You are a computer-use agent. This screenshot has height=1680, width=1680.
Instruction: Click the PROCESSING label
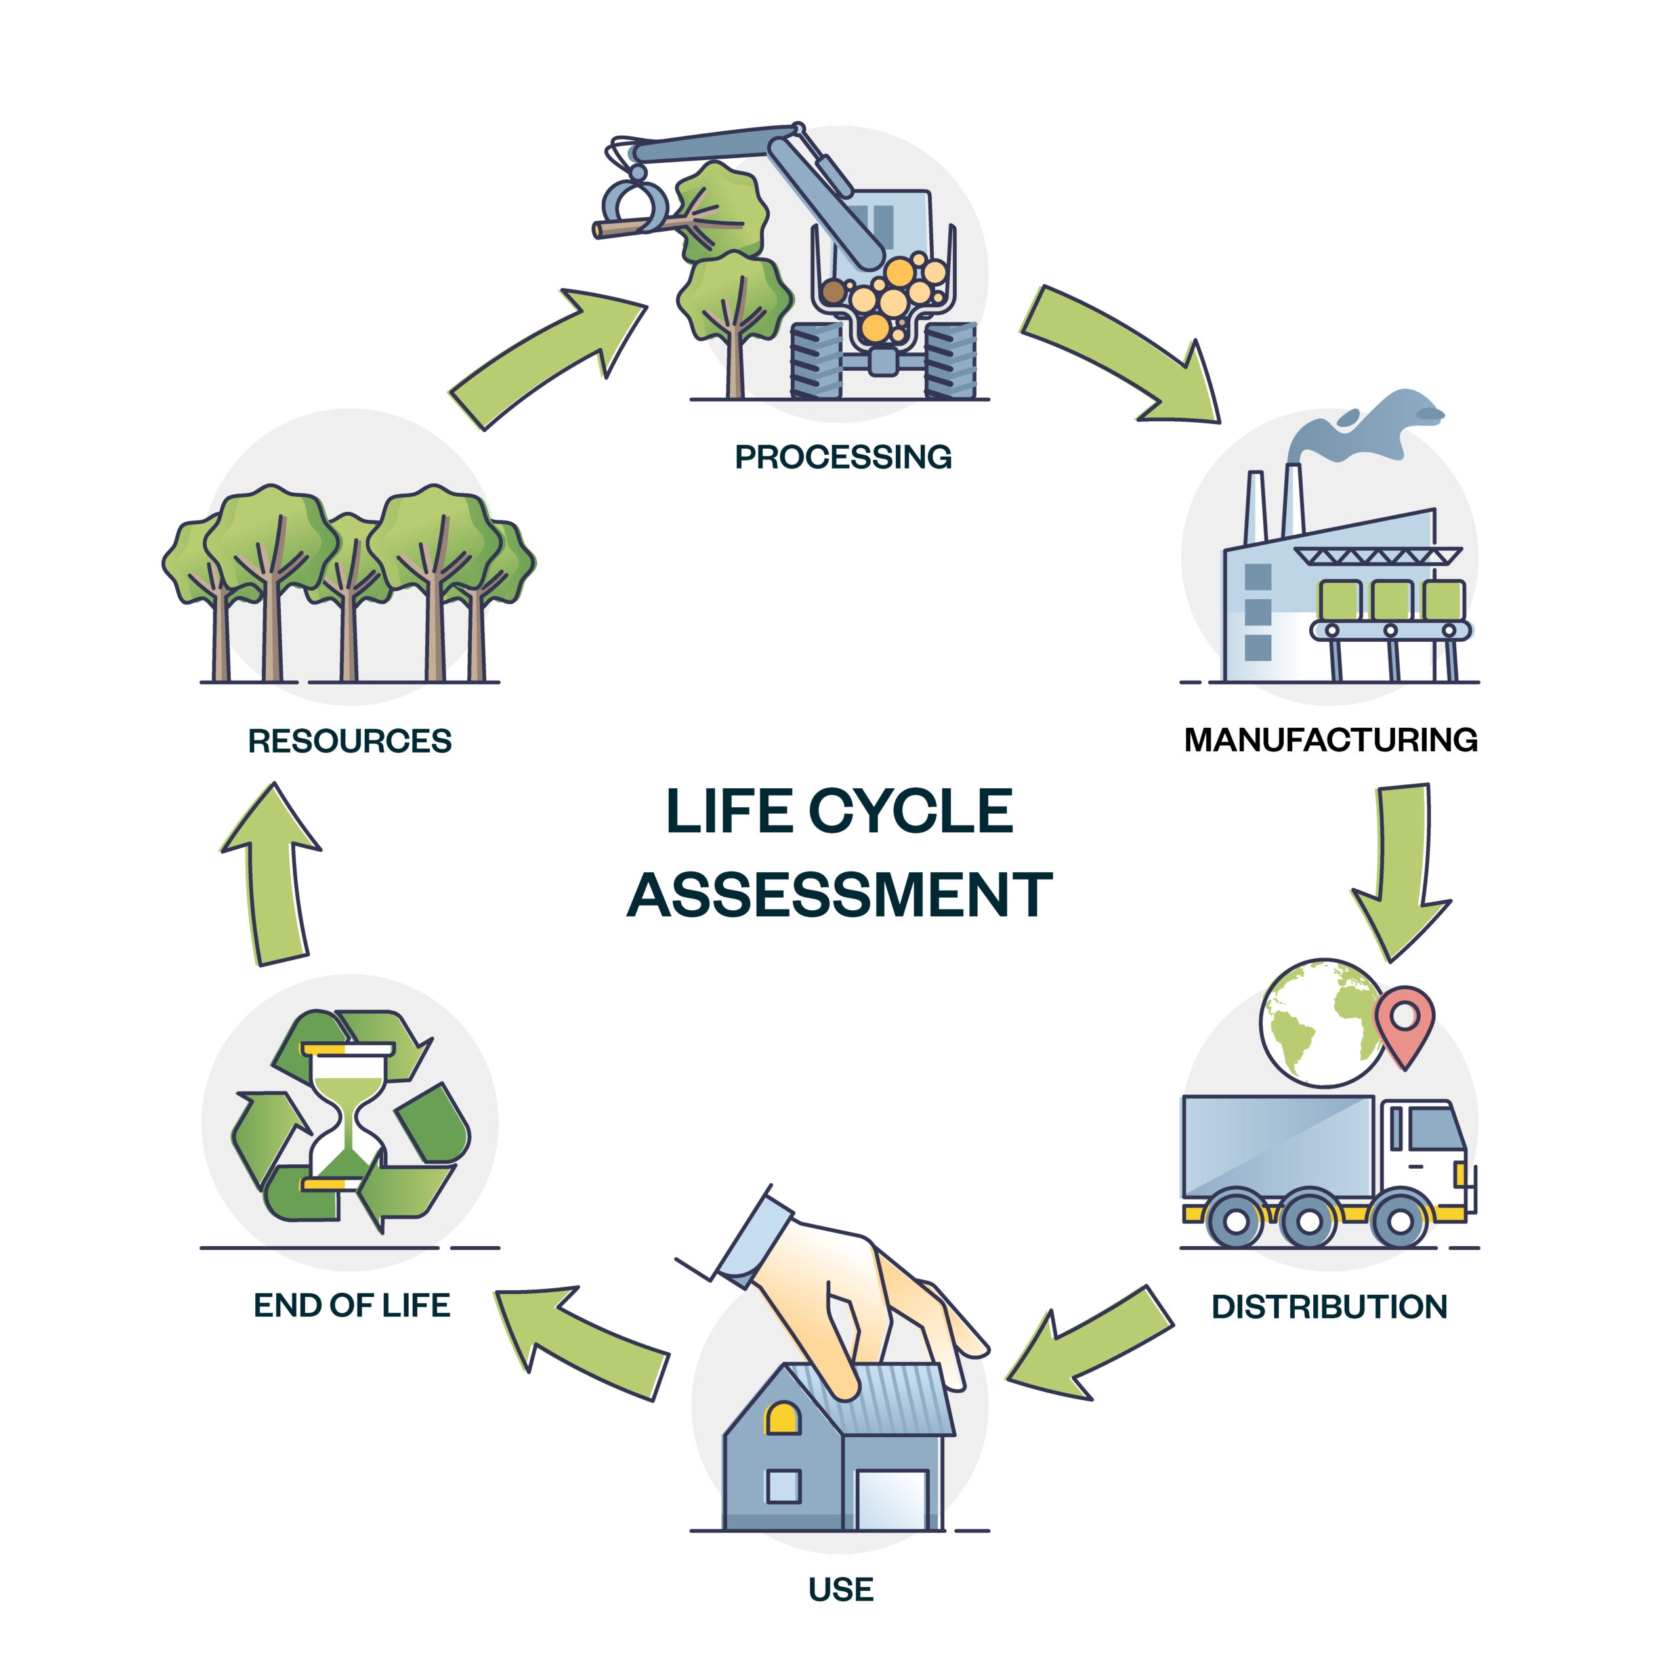point(843,457)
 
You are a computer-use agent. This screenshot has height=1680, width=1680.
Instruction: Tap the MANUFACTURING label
point(1330,740)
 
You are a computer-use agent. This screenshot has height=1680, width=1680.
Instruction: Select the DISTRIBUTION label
point(1329,1307)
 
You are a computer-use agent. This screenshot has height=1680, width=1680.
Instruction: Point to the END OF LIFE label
point(351,1306)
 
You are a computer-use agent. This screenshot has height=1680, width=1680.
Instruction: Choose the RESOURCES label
point(350,741)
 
